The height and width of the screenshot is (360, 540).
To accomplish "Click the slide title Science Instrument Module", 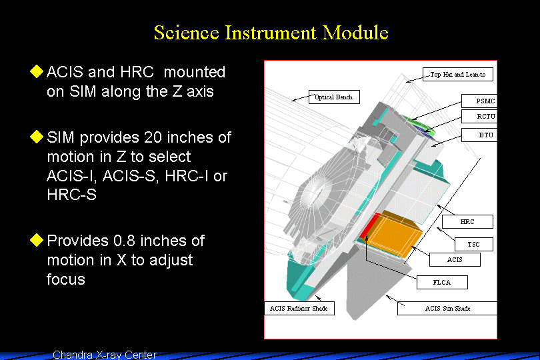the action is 271,33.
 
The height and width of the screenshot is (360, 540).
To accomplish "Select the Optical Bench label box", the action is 334,97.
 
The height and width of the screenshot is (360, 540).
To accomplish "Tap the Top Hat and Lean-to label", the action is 458,75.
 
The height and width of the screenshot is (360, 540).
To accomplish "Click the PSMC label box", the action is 479,101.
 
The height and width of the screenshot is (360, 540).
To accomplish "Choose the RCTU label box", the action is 479,117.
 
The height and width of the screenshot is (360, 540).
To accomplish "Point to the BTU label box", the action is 479,135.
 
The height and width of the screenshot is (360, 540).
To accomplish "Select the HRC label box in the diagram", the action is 467,221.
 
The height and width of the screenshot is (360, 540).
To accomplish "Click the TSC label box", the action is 474,244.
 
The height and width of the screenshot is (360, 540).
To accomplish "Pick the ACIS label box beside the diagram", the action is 455,260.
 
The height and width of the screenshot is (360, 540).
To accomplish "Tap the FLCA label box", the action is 442,283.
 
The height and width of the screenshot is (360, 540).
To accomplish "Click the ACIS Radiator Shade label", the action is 299,308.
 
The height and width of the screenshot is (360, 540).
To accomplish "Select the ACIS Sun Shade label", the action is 447,308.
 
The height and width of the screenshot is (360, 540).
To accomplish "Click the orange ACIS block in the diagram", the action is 393,233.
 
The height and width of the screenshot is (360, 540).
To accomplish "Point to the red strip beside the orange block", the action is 368,226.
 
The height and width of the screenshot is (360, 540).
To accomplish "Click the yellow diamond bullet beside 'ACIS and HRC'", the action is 37,71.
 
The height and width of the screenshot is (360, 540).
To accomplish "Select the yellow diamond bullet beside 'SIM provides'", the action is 37,137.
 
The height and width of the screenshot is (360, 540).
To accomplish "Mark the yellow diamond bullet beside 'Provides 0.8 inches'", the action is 37,240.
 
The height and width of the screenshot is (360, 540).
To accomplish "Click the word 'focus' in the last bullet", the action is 66,279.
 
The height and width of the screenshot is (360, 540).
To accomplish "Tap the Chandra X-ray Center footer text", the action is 105,355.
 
